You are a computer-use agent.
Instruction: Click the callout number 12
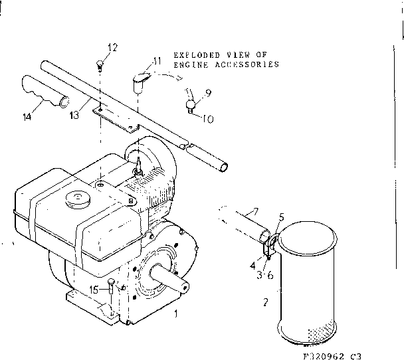(x=112, y=47)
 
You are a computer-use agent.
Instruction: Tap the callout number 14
(x=27, y=118)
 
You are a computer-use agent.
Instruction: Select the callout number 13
(x=74, y=115)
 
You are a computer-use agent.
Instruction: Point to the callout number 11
(x=156, y=61)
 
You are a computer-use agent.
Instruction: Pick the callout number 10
(x=207, y=120)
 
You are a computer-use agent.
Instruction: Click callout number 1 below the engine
(x=175, y=312)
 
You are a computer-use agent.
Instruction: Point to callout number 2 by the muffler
(x=266, y=302)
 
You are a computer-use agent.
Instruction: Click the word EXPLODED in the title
(x=193, y=55)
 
